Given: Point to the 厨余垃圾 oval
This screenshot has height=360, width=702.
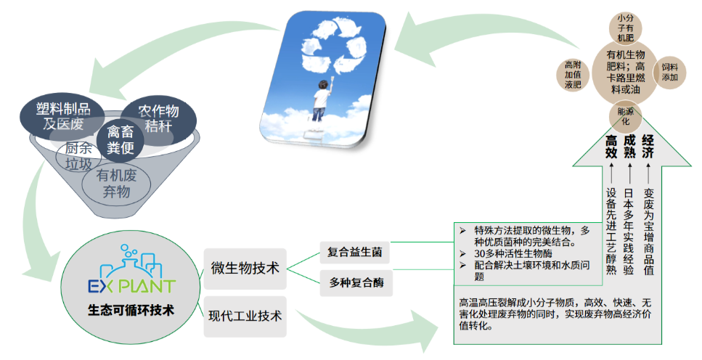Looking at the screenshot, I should [79, 155].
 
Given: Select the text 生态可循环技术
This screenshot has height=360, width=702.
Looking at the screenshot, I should [130, 311].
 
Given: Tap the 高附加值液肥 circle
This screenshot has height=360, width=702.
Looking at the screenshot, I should [573, 74].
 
